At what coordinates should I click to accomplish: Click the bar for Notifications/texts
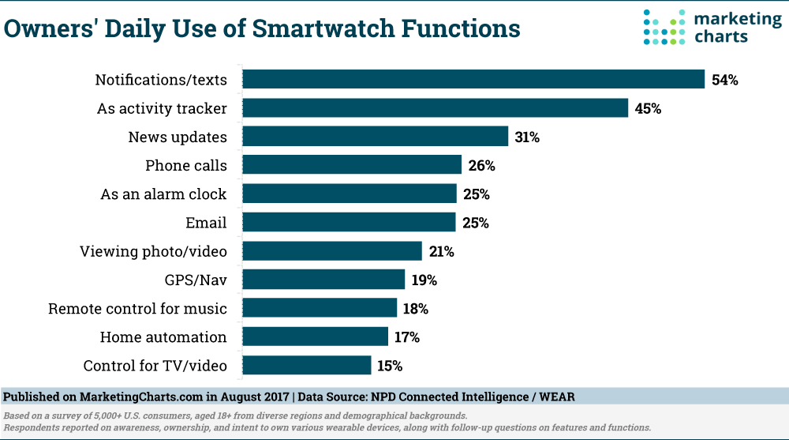click(473, 80)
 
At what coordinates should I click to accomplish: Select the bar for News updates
click(375, 137)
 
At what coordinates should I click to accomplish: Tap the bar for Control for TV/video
click(306, 366)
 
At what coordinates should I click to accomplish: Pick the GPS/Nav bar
click(323, 280)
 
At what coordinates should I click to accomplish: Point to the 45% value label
click(648, 108)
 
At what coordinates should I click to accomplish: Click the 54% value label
click(724, 80)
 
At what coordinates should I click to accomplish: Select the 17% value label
click(407, 337)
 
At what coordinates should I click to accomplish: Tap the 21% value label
click(441, 251)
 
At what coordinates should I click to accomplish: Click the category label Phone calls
click(186, 166)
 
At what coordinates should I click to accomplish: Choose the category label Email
click(206, 223)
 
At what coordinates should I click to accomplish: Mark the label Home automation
click(163, 337)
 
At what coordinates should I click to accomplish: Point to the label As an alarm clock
click(163, 194)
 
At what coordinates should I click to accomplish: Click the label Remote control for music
click(137, 309)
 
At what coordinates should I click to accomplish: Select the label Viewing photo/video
click(153, 251)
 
